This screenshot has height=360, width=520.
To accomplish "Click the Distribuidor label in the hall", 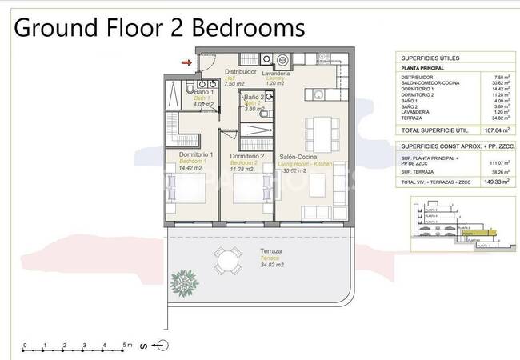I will tap(239, 71).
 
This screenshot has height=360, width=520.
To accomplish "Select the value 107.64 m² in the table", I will tap(502, 130).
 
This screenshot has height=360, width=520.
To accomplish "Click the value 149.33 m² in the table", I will tap(502, 182).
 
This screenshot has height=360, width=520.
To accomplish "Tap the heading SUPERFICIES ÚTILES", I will tap(430, 57).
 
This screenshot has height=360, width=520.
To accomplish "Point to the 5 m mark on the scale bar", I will tap(124, 346).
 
